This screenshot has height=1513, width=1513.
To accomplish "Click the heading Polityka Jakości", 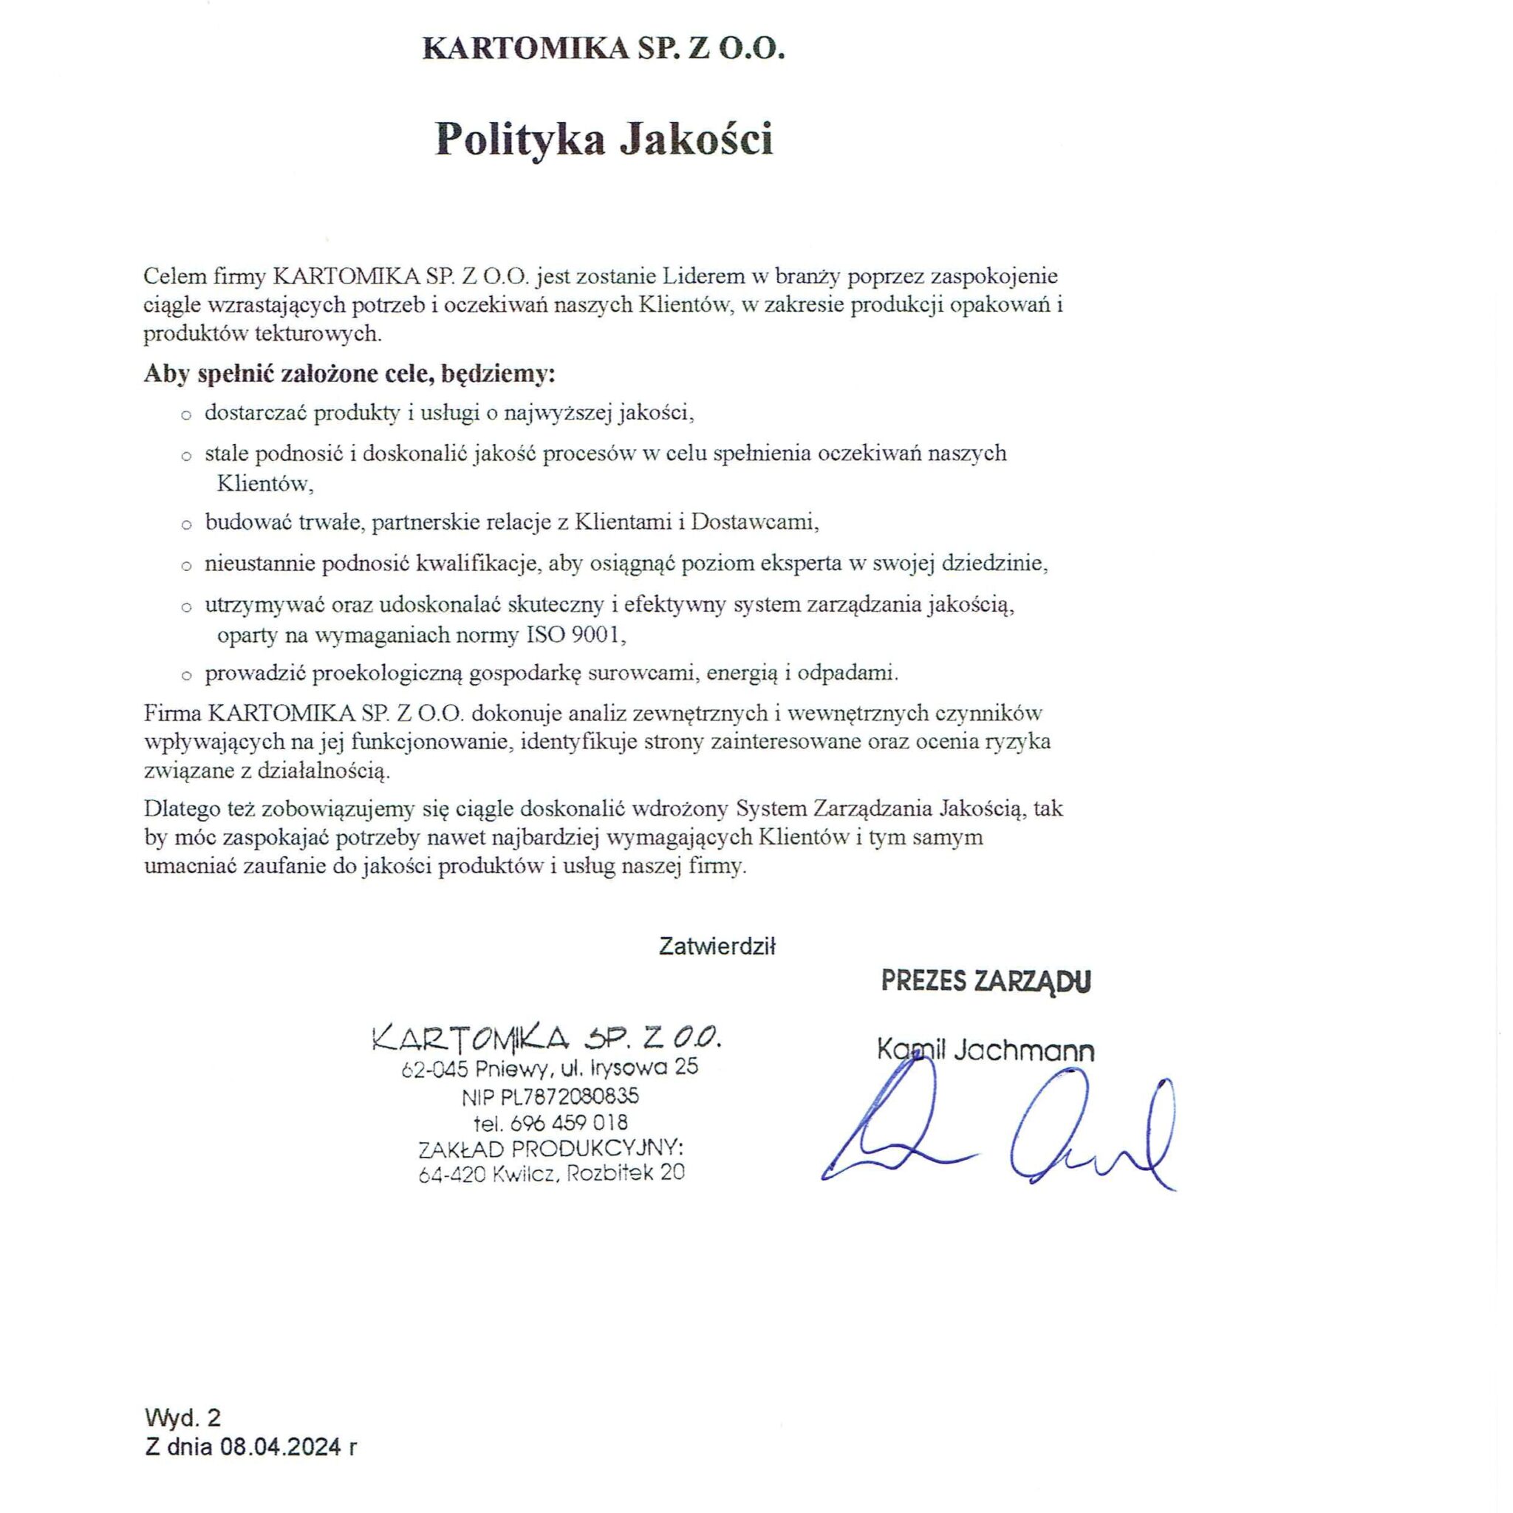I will click(x=604, y=140).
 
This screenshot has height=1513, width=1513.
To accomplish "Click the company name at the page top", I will click(x=603, y=49).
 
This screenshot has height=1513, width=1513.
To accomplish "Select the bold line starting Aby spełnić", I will click(x=349, y=375).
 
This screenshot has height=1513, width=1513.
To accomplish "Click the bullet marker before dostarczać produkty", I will click(x=186, y=415).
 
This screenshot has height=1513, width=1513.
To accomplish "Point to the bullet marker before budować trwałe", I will click(x=186, y=525).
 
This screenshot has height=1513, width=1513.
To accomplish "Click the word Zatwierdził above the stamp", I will click(x=717, y=947).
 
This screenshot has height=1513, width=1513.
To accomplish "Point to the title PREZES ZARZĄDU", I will click(x=986, y=981).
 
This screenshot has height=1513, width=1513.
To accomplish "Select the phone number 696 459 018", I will click(x=568, y=1122).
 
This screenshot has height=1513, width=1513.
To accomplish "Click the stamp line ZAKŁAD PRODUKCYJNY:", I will click(x=551, y=1148).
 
